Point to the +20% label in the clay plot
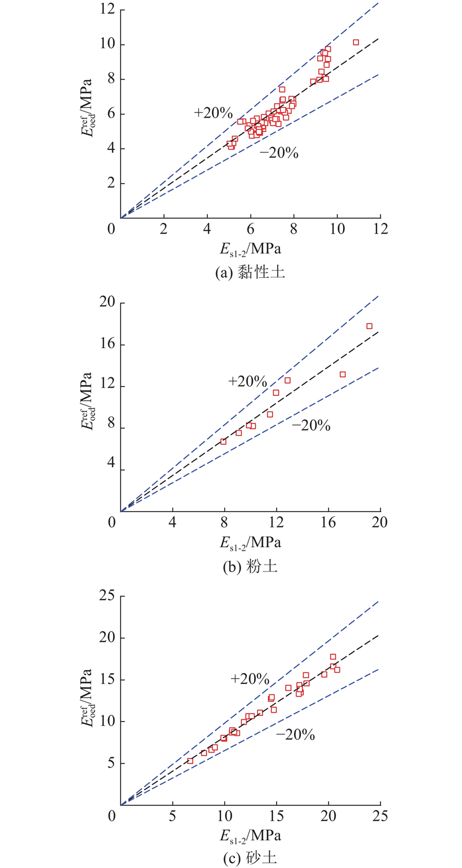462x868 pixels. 213,113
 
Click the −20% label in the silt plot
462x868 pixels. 311,426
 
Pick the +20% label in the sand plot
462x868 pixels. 250,679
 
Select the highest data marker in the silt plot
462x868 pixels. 369,326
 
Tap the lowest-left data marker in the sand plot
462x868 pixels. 190,761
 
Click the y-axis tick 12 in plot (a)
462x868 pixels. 106,10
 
